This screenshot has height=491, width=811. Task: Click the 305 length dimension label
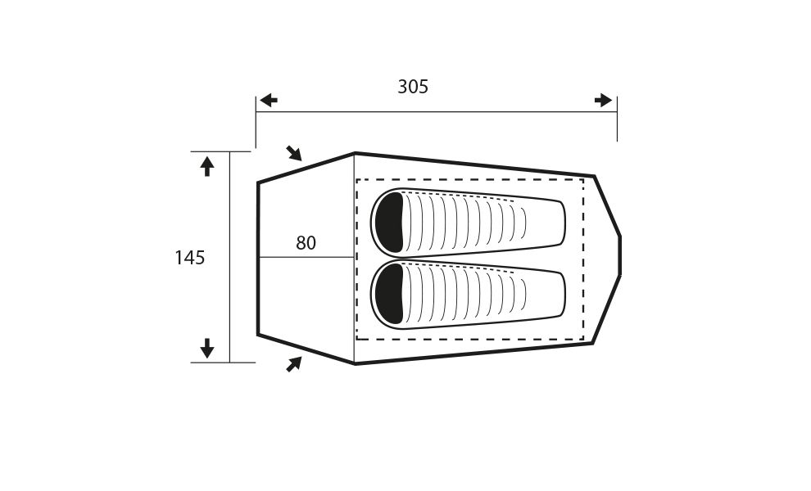click(413, 87)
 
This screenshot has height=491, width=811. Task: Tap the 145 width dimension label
click(190, 258)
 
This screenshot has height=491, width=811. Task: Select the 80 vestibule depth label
click(306, 243)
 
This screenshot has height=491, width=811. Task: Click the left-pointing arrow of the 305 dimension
click(269, 101)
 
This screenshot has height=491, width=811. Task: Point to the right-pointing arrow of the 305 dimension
click(603, 101)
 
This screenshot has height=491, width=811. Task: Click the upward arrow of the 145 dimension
click(207, 166)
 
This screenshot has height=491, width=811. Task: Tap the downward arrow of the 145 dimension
click(207, 348)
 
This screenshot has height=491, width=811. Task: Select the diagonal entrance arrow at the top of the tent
click(294, 153)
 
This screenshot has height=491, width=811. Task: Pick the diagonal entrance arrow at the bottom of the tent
click(294, 364)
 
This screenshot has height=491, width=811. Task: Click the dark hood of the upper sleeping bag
click(389, 223)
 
